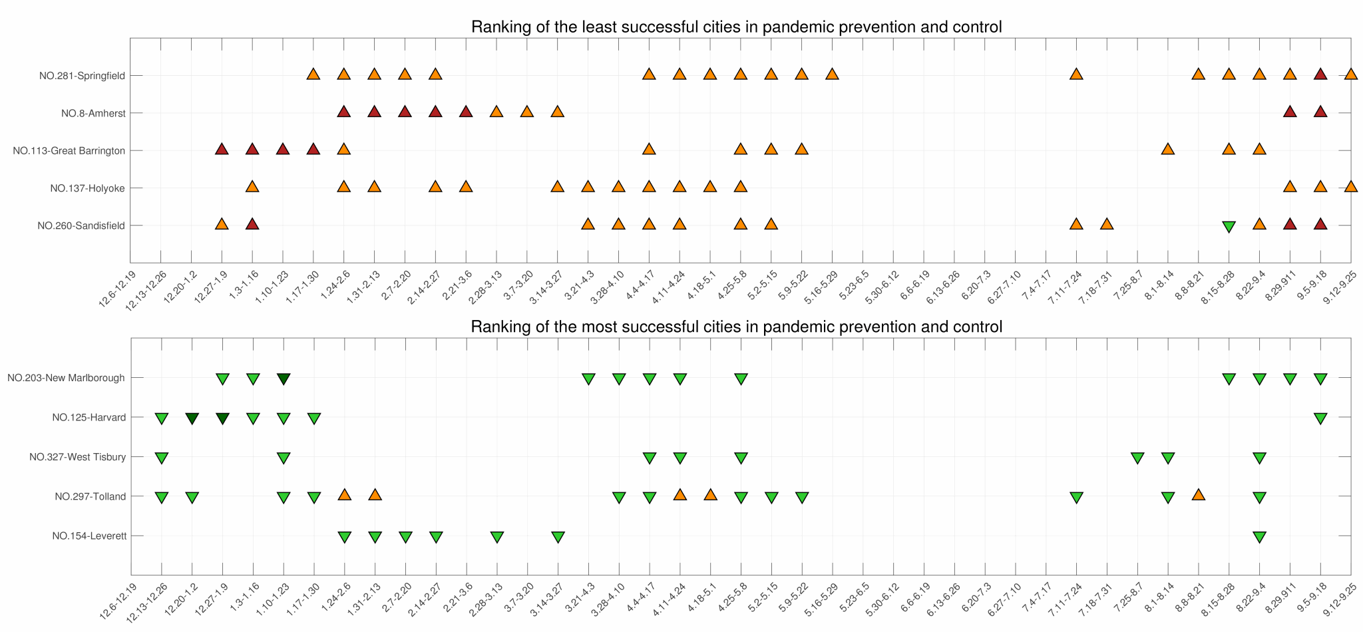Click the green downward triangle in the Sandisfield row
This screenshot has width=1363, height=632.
[1229, 226]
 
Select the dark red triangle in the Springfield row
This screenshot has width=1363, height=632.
[1320, 74]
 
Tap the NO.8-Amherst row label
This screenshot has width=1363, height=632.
[93, 113]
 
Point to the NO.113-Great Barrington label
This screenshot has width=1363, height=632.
[69, 150]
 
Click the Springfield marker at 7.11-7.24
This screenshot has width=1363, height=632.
[1076, 74]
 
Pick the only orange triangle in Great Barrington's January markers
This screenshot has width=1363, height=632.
[343, 148]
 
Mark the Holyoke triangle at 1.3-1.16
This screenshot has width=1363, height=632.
[252, 186]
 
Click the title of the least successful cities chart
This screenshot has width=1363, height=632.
[736, 27]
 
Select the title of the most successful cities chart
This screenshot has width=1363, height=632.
[736, 327]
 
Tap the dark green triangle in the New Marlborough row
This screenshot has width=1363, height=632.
[283, 379]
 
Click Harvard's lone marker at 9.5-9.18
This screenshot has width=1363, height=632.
[1320, 418]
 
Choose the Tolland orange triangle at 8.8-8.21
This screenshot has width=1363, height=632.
[1198, 494]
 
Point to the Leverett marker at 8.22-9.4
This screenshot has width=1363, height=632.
[1259, 537]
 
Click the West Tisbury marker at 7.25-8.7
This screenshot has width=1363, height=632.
[1137, 458]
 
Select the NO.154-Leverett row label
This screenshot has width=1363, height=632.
[89, 536]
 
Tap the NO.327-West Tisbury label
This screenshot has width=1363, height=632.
[78, 457]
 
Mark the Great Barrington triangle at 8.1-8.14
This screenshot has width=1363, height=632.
[1167, 148]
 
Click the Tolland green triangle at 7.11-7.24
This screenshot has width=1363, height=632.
[1076, 497]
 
